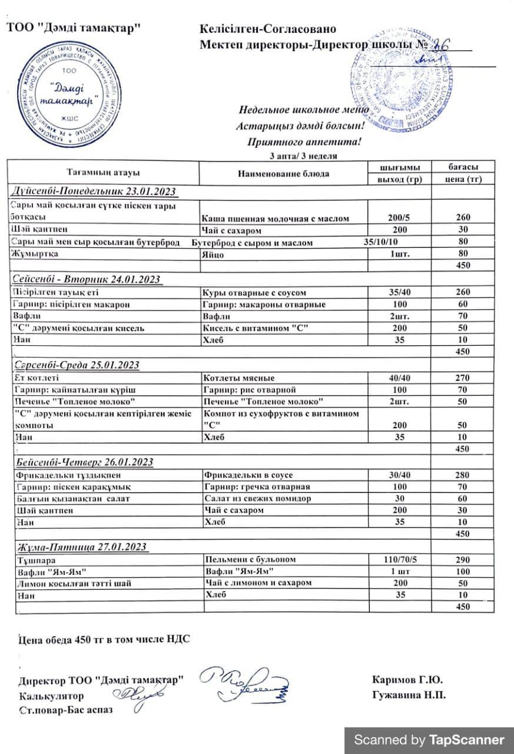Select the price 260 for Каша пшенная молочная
(463, 218)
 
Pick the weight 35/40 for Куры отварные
(400, 292)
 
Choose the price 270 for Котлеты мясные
(463, 378)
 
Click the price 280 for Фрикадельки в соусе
(463, 475)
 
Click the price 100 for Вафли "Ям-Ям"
(463, 571)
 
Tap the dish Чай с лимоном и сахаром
(257, 583)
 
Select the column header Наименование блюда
(283, 173)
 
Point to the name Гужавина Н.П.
(409, 695)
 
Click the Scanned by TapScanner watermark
(429, 740)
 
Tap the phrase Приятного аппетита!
(305, 141)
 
